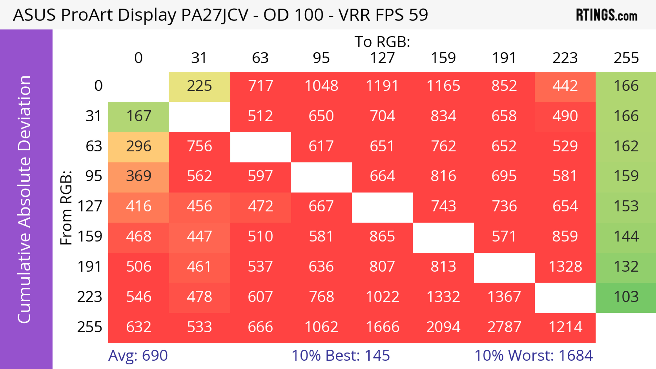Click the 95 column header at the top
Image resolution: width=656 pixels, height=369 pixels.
pos(321,58)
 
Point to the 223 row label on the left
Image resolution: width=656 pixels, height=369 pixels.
pos(90,297)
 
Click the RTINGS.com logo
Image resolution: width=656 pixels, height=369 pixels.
pos(607,15)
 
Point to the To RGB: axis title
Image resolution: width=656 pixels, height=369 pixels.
pos(382,42)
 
